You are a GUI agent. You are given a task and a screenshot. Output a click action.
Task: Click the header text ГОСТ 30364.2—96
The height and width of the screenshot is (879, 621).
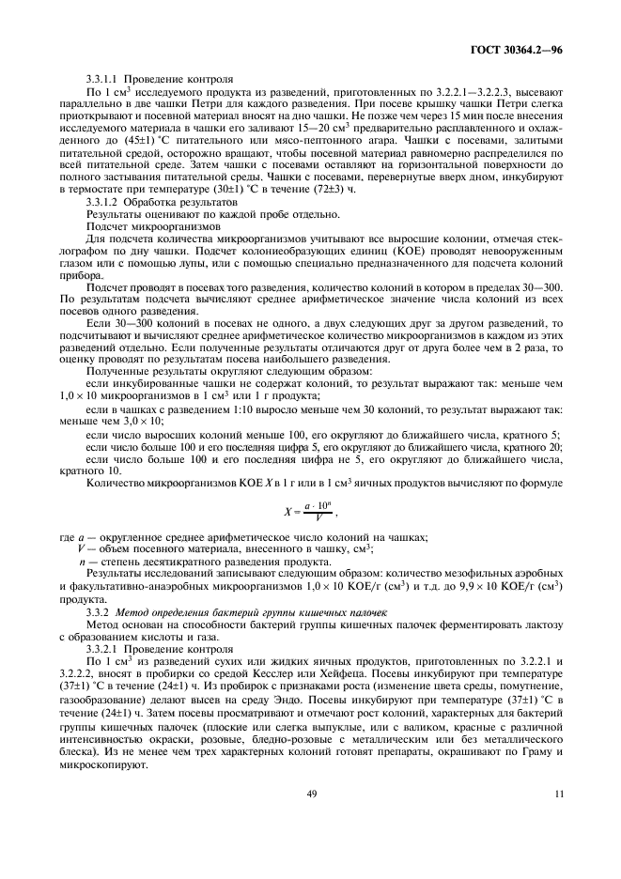(x=522, y=49)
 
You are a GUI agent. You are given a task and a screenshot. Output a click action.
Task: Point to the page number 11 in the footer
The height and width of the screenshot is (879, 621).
(x=559, y=795)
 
